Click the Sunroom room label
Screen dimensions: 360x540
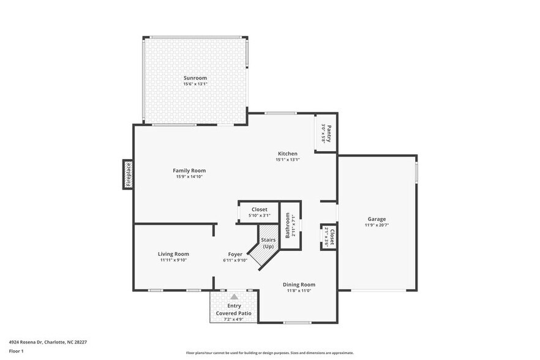[x=195, y=78]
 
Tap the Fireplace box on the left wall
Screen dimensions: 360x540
[x=128, y=174]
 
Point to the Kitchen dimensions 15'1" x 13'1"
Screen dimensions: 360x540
[x=287, y=160]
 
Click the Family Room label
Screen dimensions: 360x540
[x=189, y=170]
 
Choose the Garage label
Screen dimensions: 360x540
[x=377, y=219]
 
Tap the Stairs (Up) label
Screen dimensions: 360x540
[x=268, y=242]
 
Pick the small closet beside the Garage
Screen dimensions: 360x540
[x=329, y=237]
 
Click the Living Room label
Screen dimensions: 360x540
[x=173, y=253]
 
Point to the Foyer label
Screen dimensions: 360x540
[x=235, y=253]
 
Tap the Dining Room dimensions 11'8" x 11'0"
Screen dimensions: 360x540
[x=299, y=291]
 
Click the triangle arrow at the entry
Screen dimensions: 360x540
[x=234, y=297]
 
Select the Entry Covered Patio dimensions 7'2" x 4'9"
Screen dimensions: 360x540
[x=234, y=319]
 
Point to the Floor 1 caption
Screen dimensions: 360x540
[x=16, y=351]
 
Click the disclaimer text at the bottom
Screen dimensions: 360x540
[x=269, y=353]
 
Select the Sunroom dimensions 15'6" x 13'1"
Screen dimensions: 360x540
[x=195, y=84]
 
